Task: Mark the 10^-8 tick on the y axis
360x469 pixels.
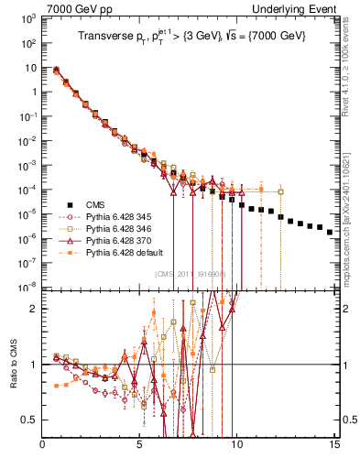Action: click(27, 286)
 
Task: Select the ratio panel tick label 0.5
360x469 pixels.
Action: click(31, 420)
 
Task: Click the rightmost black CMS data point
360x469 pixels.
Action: click(330, 232)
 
